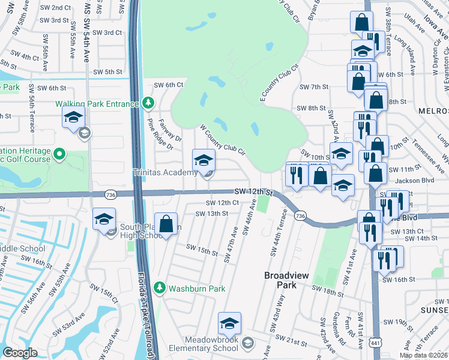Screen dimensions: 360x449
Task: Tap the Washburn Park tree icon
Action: click(x=160, y=288)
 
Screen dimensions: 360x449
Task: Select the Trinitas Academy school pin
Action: click(x=203, y=161)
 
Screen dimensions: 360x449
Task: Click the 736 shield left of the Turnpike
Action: click(x=110, y=195)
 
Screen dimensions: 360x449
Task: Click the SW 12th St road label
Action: click(x=253, y=192)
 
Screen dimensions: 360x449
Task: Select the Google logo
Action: click(x=20, y=352)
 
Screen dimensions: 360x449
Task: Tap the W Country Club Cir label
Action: click(x=223, y=140)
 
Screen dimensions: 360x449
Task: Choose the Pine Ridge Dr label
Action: click(x=160, y=133)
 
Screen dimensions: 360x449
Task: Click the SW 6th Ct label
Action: click(x=168, y=85)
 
